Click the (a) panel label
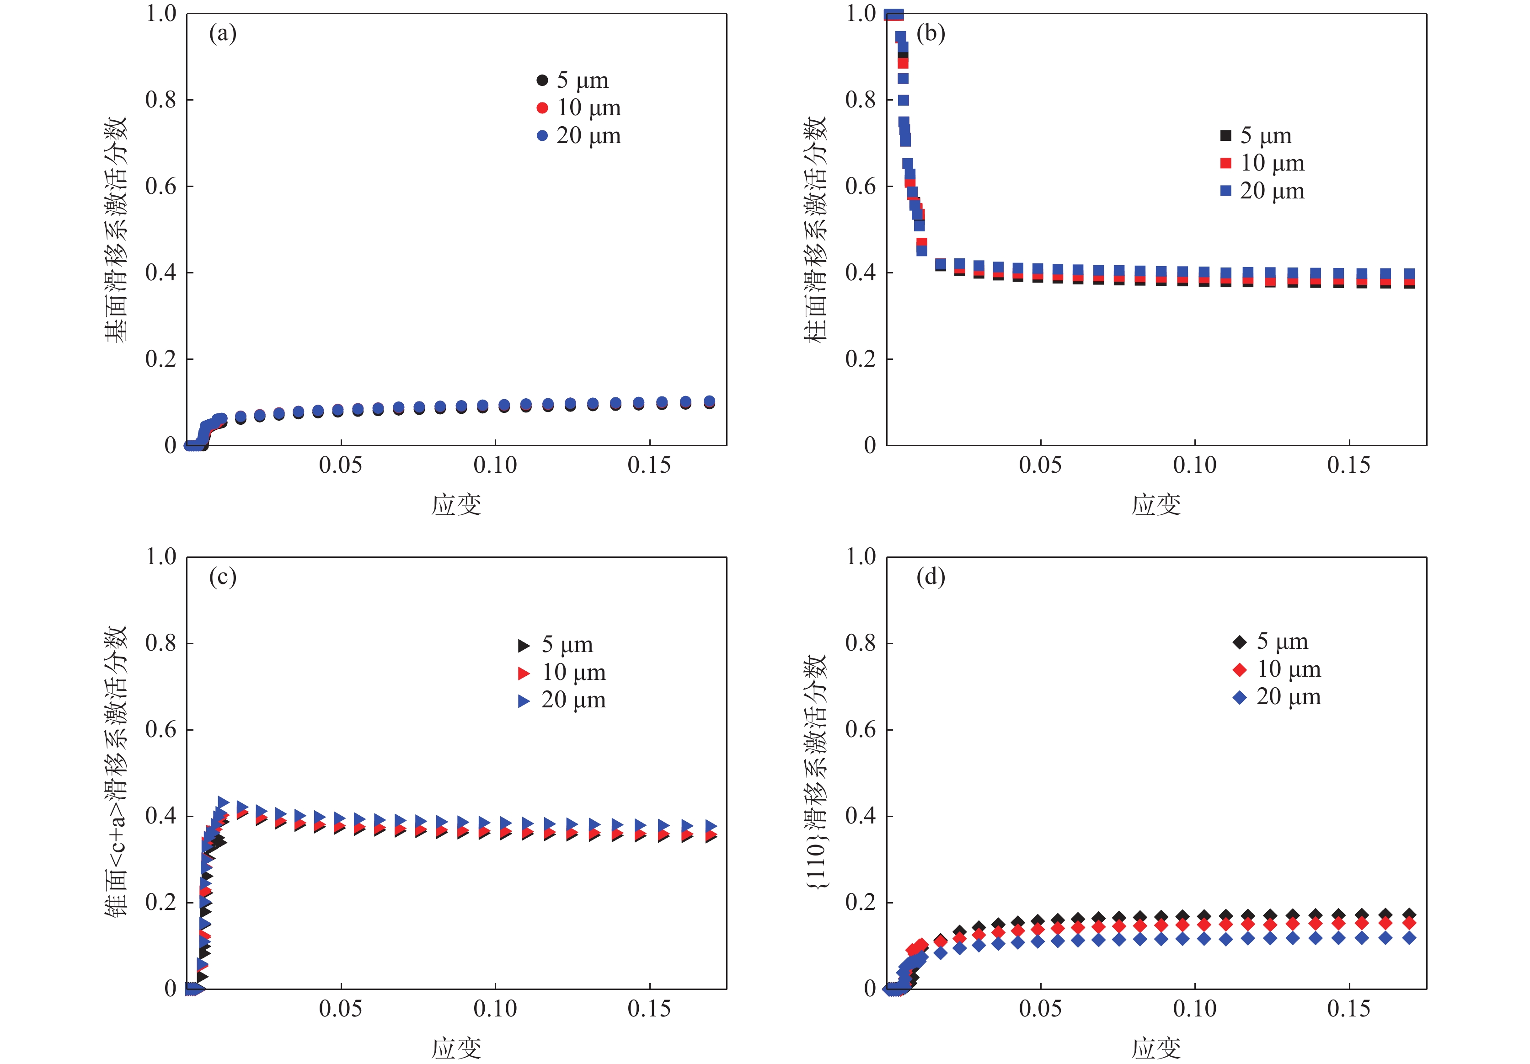[x=223, y=33]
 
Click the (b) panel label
[x=930, y=33]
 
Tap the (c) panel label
[x=223, y=577]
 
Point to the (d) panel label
[x=930, y=577]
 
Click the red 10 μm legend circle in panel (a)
[x=542, y=108]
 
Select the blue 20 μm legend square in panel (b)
[x=1225, y=191]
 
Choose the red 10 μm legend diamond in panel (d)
[x=1240, y=669]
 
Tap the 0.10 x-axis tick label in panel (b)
[x=1194, y=465]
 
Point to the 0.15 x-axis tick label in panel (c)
[x=649, y=1009]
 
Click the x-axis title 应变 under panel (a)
[x=456, y=505]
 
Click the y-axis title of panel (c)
[x=115, y=771]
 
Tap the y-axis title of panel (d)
[x=814, y=771]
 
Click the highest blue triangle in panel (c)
[x=223, y=803]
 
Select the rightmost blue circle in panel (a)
[x=710, y=401]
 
